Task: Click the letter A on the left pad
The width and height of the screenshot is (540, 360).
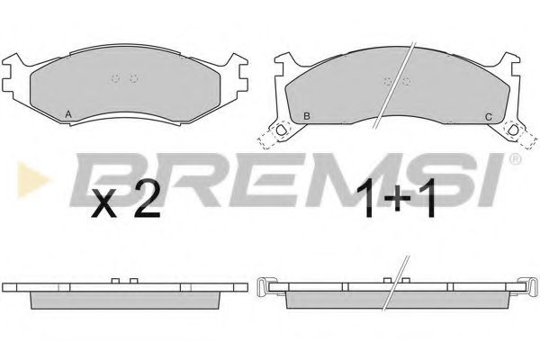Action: click(x=68, y=114)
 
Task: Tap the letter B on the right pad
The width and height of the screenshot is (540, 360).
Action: click(x=307, y=117)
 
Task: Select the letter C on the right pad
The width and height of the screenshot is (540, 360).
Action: click(x=488, y=117)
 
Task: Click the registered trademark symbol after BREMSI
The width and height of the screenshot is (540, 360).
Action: click(x=514, y=161)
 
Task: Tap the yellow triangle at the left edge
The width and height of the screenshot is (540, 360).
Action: click(x=24, y=169)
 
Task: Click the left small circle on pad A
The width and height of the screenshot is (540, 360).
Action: click(x=114, y=78)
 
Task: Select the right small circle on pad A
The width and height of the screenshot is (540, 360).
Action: click(x=133, y=78)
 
